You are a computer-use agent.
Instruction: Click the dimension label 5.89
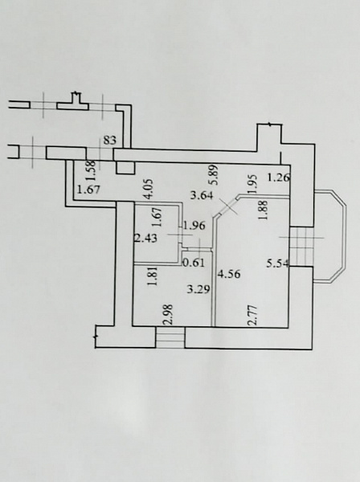coord(215,174)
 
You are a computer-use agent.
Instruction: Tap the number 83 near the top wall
coord(110,140)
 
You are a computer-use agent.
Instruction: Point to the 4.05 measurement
coord(149,190)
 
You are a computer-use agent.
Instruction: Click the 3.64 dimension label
coord(202,195)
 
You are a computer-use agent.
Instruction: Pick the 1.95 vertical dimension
coord(254,184)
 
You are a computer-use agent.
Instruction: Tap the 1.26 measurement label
coord(279,178)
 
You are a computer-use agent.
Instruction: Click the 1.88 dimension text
coord(264,210)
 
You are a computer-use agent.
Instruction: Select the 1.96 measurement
coord(194,226)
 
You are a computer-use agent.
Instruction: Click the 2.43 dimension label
coord(146,238)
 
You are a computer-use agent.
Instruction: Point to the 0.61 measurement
coord(194,263)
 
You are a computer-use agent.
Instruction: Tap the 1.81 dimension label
coord(153,276)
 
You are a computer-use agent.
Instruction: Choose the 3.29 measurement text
coord(199,289)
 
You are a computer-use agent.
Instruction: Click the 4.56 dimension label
coord(229,274)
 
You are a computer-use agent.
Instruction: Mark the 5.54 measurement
coord(278,263)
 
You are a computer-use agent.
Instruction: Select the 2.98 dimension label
coord(169,315)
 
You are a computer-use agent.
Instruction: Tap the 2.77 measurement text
coord(252,316)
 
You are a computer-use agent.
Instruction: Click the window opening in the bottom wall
coord(170,337)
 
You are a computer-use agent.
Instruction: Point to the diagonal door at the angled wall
coord(227,206)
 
